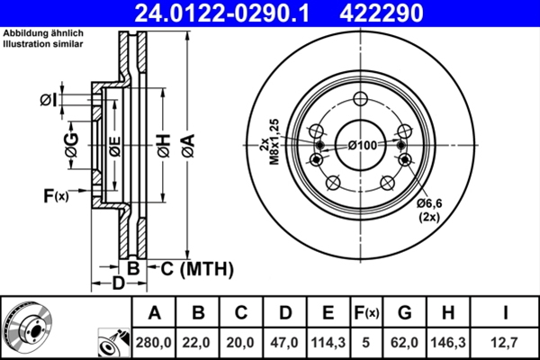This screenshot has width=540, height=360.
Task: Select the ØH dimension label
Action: [164, 143]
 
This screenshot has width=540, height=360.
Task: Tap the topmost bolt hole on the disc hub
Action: [361, 100]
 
